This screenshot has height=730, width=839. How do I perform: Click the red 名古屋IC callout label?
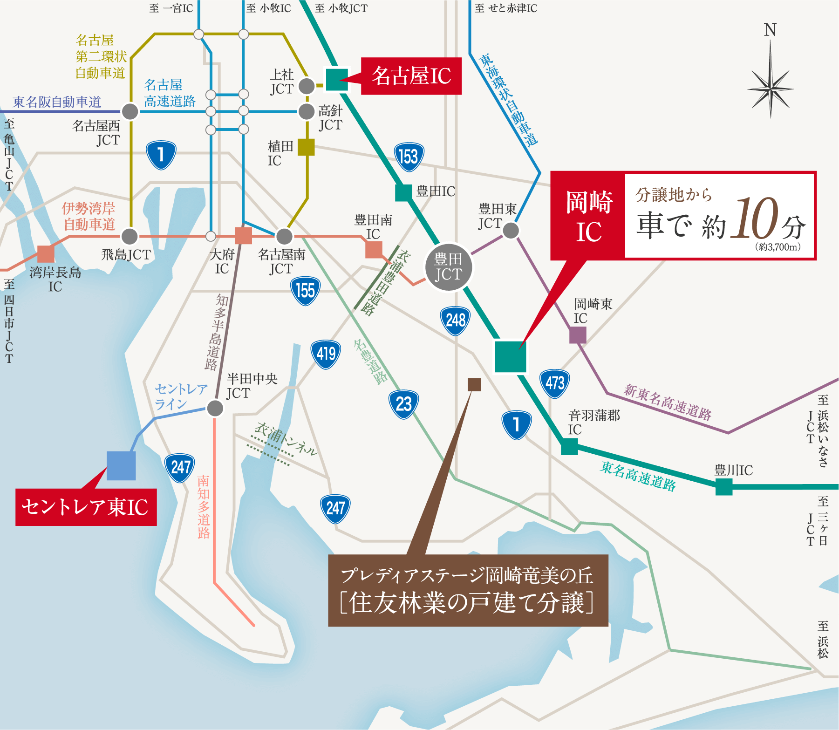point(411,76)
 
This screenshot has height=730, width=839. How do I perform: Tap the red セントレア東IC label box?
point(86,507)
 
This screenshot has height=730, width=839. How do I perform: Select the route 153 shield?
point(409,157)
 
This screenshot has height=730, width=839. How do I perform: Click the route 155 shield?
point(305,291)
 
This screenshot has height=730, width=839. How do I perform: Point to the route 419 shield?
point(326,355)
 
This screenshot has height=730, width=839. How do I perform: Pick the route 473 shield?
point(554,383)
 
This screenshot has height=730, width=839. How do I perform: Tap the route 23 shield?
point(403,404)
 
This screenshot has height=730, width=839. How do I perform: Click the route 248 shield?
point(455,321)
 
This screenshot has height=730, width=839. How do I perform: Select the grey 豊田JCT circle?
point(448,267)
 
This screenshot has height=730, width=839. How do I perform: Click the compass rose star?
point(770,88)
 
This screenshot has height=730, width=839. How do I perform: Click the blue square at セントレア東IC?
point(121,465)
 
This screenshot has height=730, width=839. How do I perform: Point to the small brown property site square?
point(474,384)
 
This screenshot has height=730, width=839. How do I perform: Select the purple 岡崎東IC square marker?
point(578,335)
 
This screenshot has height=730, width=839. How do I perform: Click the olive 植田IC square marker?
point(306,147)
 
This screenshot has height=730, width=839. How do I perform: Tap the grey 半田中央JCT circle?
point(215,408)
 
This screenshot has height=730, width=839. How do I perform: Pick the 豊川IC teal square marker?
point(723,487)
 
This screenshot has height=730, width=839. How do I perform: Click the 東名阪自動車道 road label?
point(57,102)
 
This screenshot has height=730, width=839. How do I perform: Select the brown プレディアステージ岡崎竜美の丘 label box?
point(468,590)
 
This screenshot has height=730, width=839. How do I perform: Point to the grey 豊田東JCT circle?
point(511,230)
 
